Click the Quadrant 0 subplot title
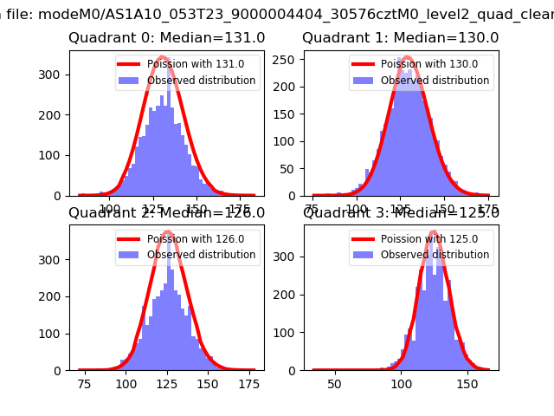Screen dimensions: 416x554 point(167,38)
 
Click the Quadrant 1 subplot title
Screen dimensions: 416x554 point(401,38)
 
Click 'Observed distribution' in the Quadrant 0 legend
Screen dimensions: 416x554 point(201,81)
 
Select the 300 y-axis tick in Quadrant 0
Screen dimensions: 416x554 point(53,74)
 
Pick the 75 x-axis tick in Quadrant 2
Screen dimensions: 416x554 point(85,383)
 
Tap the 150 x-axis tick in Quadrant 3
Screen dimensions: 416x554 point(467,383)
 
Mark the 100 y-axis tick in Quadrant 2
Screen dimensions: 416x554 point(53,335)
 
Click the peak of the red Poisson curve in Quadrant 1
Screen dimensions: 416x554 point(406,58)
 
